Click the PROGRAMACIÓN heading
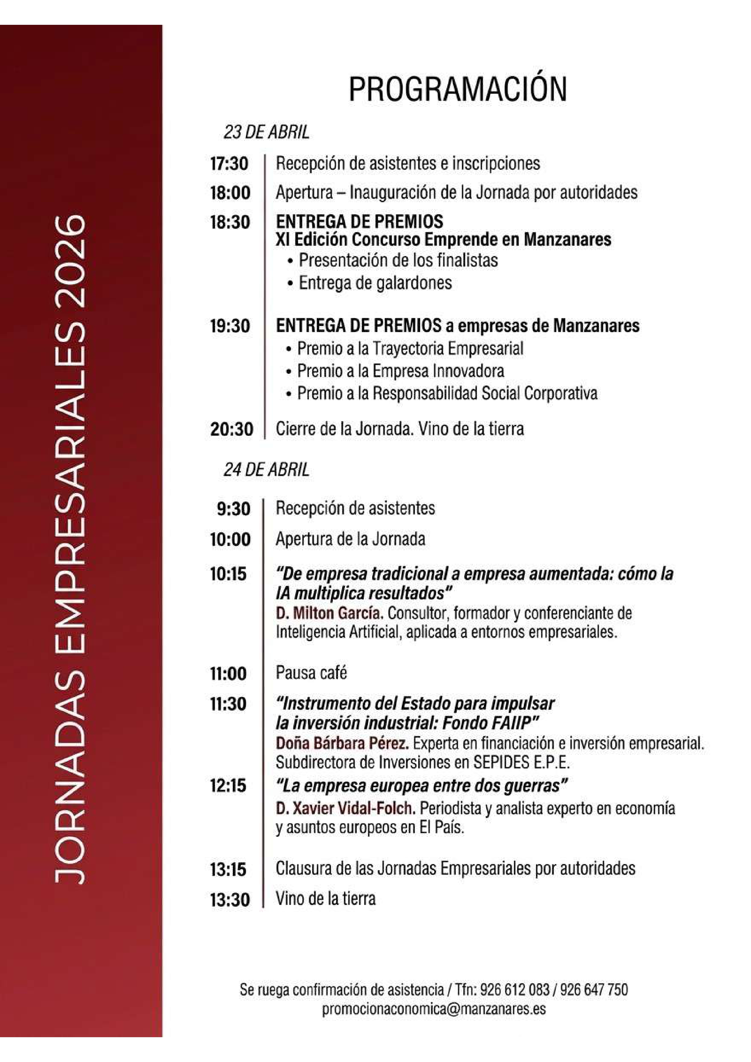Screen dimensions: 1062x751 click(x=457, y=89)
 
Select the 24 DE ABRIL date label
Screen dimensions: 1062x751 click(x=266, y=470)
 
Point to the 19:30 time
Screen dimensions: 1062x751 click(x=230, y=326)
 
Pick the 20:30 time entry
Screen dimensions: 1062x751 click(x=231, y=429)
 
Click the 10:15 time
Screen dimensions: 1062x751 click(x=229, y=574)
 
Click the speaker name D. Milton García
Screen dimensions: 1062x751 click(x=329, y=614)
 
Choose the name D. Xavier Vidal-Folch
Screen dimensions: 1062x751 click(x=345, y=808)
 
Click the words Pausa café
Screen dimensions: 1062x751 click(x=311, y=672)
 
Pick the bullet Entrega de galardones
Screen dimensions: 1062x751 click(x=375, y=283)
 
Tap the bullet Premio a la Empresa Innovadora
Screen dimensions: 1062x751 click(x=401, y=370)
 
